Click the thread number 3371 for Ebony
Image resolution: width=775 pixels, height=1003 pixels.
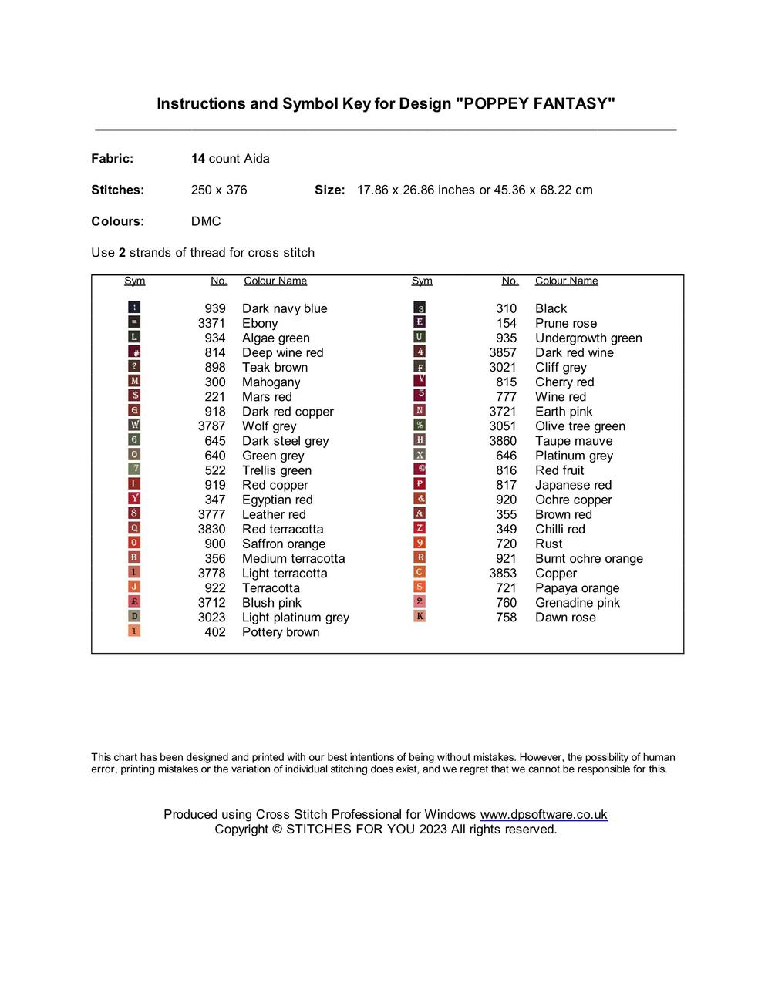[211, 324]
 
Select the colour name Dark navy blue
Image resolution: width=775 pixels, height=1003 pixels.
[285, 309]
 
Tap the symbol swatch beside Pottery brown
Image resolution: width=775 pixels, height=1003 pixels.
[134, 631]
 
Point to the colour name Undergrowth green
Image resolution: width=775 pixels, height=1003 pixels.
[588, 338]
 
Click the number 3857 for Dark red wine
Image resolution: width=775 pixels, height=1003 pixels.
[503, 353]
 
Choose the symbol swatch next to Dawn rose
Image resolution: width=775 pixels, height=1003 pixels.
[420, 617]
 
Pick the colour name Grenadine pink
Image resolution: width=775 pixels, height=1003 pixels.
[578, 603]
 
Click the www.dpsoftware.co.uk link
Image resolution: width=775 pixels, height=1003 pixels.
[544, 815]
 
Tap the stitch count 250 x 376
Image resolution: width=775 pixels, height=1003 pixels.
[219, 190]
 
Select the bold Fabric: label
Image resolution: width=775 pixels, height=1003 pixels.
[113, 159]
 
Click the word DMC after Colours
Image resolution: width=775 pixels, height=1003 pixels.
[206, 222]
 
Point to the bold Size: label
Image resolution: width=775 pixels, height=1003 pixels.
[329, 190]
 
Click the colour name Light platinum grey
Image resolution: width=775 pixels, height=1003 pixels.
[295, 618]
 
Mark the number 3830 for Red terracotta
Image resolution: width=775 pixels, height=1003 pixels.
[211, 530]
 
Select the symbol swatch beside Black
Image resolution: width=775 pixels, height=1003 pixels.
[420, 308]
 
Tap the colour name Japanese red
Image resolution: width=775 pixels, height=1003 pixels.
[573, 486]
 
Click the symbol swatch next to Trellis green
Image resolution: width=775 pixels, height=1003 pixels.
[134, 470]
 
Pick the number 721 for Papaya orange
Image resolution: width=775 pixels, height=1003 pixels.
[506, 588]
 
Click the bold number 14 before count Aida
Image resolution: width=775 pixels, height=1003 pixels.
[198, 159]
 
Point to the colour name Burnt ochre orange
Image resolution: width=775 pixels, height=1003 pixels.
[589, 559]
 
